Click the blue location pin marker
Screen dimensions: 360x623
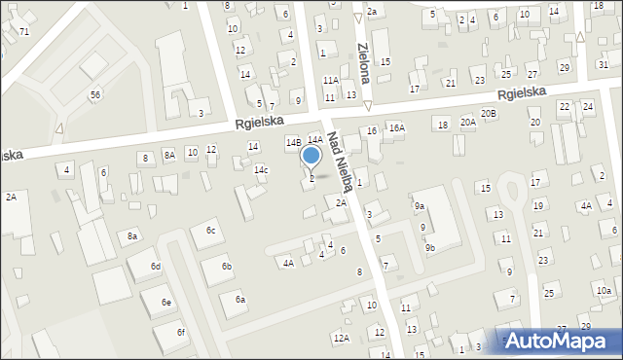pyautogui.click(x=311, y=157)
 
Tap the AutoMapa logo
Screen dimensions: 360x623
pyautogui.click(x=558, y=340)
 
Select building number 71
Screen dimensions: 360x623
pyautogui.click(x=24, y=32)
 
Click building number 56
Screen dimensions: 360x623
pyautogui.click(x=94, y=94)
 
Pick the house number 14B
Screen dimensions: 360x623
pyautogui.click(x=293, y=142)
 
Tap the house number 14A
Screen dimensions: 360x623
pyautogui.click(x=315, y=140)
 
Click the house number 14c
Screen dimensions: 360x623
pyautogui.click(x=261, y=170)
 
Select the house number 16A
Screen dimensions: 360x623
pyautogui.click(x=396, y=127)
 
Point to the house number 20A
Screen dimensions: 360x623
pyautogui.click(x=468, y=123)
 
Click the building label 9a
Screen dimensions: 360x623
pyautogui.click(x=420, y=206)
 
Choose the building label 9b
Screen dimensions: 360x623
pyautogui.click(x=429, y=248)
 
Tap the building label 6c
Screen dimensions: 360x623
pyautogui.click(x=210, y=230)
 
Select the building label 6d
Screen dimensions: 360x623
pyautogui.click(x=156, y=267)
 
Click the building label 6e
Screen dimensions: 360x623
pyautogui.click(x=166, y=304)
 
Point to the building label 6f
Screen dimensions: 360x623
pyautogui.click(x=181, y=333)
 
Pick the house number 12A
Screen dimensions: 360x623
pyautogui.click(x=341, y=338)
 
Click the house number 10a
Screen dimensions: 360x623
pyautogui.click(x=604, y=291)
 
